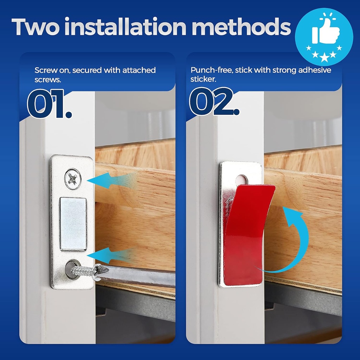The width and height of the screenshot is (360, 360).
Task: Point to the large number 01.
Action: click(49, 104)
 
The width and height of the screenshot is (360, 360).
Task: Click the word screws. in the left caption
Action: click(48, 79)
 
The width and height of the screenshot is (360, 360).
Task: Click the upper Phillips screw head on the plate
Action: click(73, 179)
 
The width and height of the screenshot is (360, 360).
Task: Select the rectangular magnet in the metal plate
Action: click(73, 224)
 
